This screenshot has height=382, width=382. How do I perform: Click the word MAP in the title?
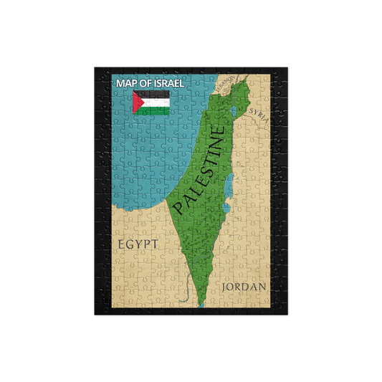[x=127, y=83]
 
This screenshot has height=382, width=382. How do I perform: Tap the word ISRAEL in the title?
[x=166, y=83]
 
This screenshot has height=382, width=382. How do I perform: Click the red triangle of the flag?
[x=136, y=102]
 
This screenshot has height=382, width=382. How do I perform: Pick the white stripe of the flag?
[x=156, y=102]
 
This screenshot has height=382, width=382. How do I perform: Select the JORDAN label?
[x=244, y=287]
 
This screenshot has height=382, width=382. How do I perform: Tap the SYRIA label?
[x=259, y=115]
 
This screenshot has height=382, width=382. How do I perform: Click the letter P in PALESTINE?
[x=178, y=208]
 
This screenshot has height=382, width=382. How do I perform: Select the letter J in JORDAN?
[x=226, y=287]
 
